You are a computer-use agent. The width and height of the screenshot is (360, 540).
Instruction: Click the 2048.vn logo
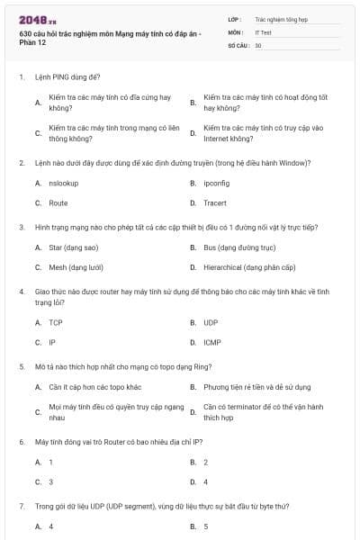[x=36, y=20]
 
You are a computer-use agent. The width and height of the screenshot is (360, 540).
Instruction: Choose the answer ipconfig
[x=218, y=183]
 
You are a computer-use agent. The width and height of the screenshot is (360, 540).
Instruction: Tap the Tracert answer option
[x=215, y=202]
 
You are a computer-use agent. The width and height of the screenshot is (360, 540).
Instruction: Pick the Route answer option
[x=58, y=202]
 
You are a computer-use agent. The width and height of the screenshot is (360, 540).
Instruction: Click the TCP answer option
[x=56, y=322]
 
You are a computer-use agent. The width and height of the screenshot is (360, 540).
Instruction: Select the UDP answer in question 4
[x=211, y=322]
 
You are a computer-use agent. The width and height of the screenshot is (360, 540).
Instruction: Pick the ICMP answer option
[x=212, y=342]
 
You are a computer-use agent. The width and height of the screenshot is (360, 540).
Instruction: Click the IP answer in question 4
[x=52, y=342]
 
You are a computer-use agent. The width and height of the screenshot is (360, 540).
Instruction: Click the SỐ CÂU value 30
[x=258, y=44]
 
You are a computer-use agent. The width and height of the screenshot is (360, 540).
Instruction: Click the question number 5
[x=22, y=366]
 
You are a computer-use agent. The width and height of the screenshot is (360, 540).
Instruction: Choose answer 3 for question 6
[x=51, y=481]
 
